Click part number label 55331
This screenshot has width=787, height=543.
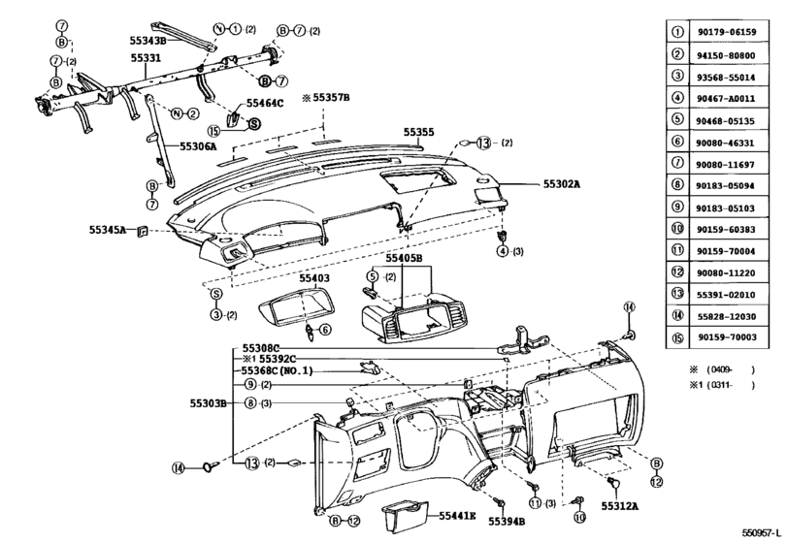point(147,58)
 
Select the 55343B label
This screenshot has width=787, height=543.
point(148,41)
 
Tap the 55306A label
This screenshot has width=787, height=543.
point(198,146)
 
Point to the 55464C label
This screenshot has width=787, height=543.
point(265,104)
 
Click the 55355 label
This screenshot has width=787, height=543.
point(419,133)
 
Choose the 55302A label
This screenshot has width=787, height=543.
point(562,184)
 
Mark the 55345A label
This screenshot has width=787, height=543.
point(108,230)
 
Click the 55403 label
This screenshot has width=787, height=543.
point(314,278)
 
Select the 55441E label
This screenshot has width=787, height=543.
point(457,516)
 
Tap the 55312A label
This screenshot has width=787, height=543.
point(620,506)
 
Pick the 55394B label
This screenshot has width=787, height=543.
point(507,522)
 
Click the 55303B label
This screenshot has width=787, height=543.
point(209,403)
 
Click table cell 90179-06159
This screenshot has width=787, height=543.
point(727,32)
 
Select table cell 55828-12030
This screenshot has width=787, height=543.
point(727,316)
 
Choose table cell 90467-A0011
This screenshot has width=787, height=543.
point(727,99)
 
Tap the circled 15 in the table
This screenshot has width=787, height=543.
point(677,337)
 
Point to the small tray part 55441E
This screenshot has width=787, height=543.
point(405,518)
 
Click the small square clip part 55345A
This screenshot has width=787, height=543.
point(143,231)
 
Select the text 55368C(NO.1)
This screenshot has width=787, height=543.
point(277,371)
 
